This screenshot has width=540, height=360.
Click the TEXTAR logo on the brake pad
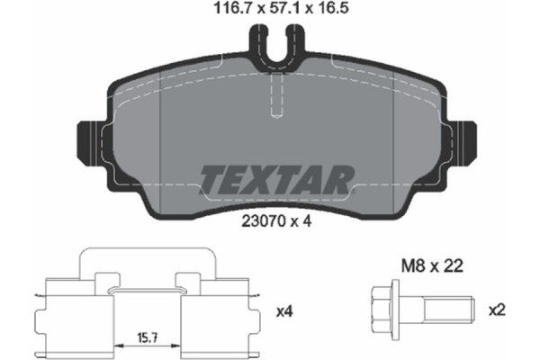point(275,179)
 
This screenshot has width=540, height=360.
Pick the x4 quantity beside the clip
point(284,312)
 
